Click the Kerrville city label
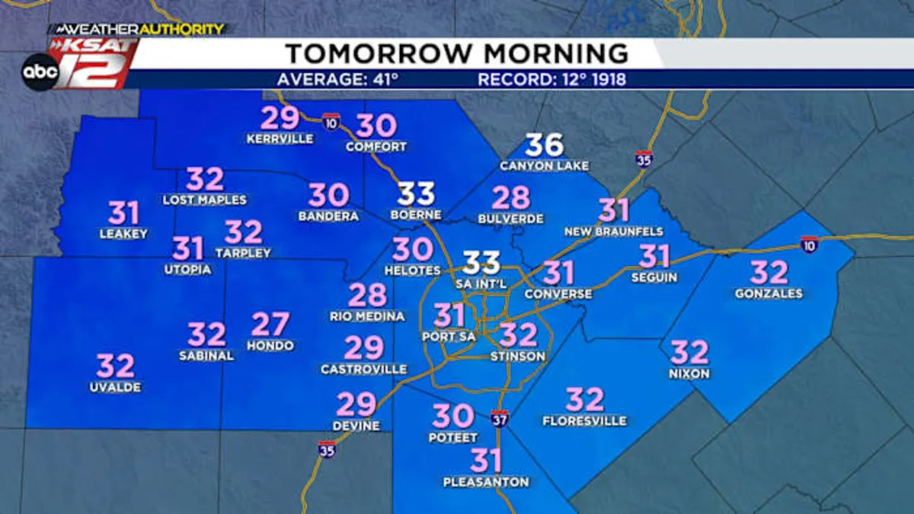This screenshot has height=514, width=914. [x=280, y=139]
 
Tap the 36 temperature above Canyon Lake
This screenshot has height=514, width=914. [x=545, y=145]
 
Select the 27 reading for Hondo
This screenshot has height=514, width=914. [x=270, y=325]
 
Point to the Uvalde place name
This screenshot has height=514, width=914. [x=115, y=388]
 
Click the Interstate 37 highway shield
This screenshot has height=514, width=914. [x=499, y=417]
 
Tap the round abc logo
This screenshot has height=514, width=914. [x=40, y=72]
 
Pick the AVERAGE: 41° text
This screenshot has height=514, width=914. [x=337, y=79]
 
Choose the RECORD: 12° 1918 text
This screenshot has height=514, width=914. [x=552, y=79]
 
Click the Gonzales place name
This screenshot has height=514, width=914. [x=769, y=293]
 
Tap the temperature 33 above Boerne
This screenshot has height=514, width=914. [x=416, y=194]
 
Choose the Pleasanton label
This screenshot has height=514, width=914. [x=486, y=482]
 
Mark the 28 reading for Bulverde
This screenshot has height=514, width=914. [x=510, y=198]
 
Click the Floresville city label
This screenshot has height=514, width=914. [x=584, y=420]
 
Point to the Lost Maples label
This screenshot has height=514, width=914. [x=205, y=200]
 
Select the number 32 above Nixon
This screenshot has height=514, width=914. [x=689, y=353]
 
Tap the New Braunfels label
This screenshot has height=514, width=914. [x=613, y=231]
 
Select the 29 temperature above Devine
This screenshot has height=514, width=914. [x=356, y=404]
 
